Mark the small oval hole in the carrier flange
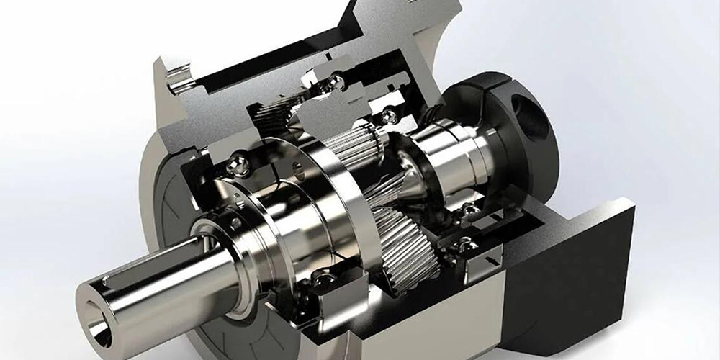pos(297,167)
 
